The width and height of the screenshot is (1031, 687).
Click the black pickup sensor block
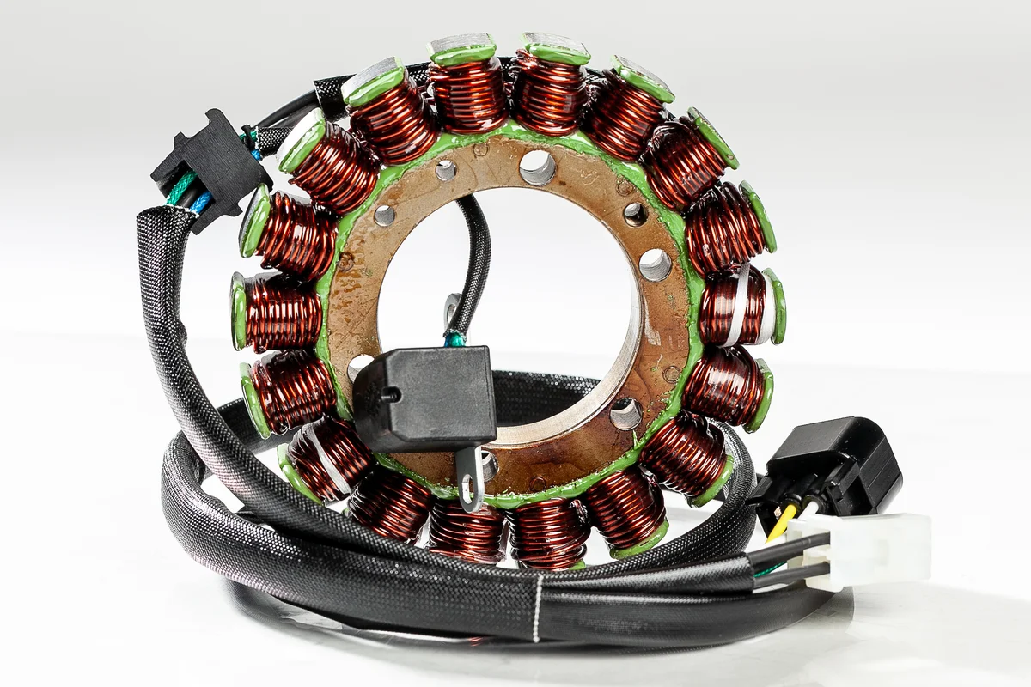tap(425, 397)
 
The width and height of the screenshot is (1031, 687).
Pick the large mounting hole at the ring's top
tap(538, 167)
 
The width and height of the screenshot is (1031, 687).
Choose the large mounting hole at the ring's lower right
tap(625, 413)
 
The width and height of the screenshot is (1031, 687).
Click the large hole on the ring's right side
tap(655, 264)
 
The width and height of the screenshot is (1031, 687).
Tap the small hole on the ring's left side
tap(384, 216)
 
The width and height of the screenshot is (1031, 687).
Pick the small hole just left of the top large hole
tap(446, 170)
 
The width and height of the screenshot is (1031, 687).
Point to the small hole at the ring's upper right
tap(635, 214)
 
